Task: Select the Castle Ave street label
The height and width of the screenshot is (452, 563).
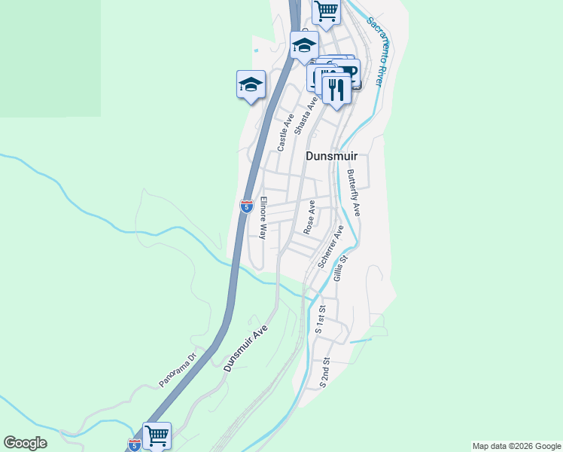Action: coord(285,133)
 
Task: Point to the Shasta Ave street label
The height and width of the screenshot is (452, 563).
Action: coord(305,115)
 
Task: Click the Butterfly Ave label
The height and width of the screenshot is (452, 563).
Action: coord(354,193)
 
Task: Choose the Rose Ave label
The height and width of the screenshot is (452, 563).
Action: coord(308,217)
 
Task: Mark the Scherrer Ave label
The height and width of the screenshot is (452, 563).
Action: coord(330,246)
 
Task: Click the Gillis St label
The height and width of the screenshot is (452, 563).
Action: coord(341,268)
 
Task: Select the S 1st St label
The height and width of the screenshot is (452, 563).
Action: coord(321,319)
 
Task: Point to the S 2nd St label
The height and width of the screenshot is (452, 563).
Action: coord(324,372)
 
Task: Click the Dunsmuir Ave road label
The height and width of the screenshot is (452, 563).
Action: coord(246,348)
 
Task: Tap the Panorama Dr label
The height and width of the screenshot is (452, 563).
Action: coord(178,369)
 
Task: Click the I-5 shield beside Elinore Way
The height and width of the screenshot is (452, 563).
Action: coord(246,206)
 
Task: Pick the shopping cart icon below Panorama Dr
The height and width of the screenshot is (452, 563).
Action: coord(157,435)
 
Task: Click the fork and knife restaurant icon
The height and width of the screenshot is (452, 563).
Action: coord(336,88)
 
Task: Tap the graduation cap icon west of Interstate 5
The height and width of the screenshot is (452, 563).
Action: coord(251,84)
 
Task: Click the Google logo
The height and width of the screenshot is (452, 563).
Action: coord(25,443)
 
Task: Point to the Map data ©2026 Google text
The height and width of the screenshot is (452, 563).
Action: coord(516,446)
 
